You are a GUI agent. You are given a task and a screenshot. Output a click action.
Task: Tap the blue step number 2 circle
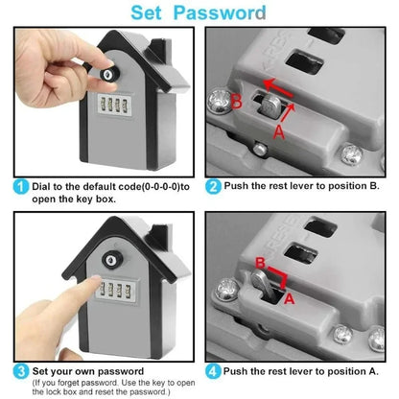(x=215, y=188)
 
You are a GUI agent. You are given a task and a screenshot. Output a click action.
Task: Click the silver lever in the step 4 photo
(x=271, y=285)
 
